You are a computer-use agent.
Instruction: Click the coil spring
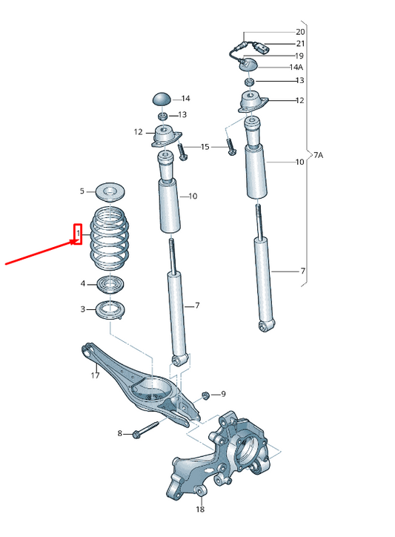(x=109, y=238)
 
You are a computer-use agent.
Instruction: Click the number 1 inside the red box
(x=76, y=234)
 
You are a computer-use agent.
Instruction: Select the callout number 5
(x=83, y=191)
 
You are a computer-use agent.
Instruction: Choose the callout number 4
(x=83, y=283)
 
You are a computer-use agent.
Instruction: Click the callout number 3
(x=83, y=309)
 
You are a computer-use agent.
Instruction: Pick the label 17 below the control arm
(x=95, y=375)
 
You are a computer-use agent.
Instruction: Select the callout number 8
(x=119, y=433)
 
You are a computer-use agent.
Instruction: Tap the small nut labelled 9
(x=205, y=394)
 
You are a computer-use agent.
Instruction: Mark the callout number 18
(x=200, y=510)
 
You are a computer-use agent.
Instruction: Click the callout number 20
(x=299, y=33)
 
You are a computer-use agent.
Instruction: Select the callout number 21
(x=299, y=44)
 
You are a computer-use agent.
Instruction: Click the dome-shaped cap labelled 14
(x=162, y=99)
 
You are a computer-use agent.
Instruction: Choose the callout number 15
(x=205, y=148)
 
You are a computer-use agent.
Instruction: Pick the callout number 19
(x=299, y=56)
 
